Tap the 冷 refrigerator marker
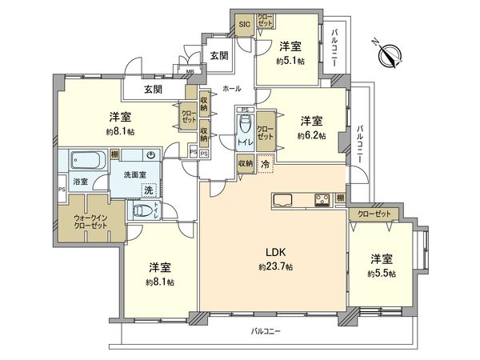265,162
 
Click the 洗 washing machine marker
146,190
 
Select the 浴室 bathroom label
82,182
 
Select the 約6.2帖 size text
312,135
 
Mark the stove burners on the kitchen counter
324,198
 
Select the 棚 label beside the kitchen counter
341,198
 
